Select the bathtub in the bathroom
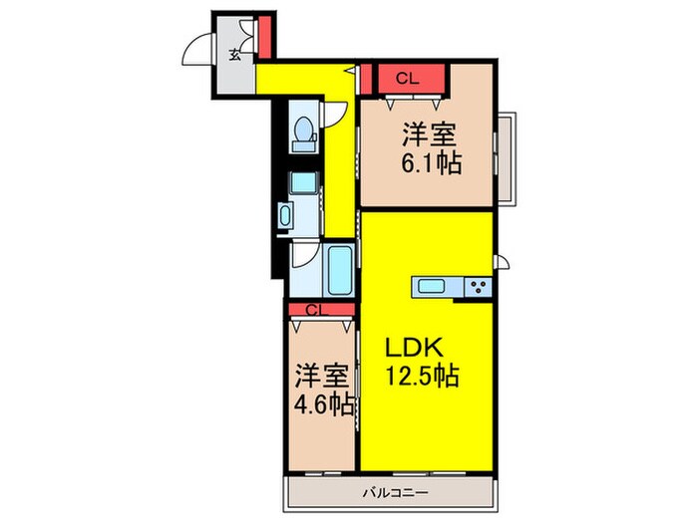[339, 269]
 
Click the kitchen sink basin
[434, 287]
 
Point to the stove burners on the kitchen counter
[475, 287]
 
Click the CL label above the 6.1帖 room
[405, 77]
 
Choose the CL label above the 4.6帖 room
[315, 309]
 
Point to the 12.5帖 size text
[423, 378]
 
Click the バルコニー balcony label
[390, 492]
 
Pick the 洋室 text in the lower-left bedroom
[321, 378]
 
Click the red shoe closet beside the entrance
[264, 38]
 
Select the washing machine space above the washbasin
[302, 183]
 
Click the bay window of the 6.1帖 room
[506, 158]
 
